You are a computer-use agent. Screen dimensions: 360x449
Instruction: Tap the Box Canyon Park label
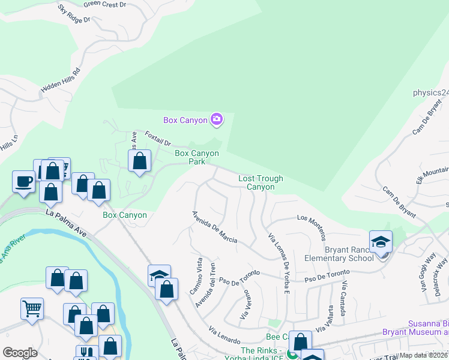click(197, 157)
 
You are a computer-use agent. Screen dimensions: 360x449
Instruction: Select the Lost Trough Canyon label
click(261, 182)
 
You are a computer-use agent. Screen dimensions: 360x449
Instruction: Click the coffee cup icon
click(24, 181)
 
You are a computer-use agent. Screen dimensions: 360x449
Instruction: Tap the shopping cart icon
click(32, 308)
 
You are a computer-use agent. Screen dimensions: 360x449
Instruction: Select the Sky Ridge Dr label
click(74, 14)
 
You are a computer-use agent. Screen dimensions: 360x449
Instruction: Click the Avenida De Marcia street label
click(214, 227)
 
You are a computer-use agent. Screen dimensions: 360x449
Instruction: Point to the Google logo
click(20, 353)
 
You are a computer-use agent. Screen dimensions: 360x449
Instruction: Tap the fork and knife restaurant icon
click(86, 353)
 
